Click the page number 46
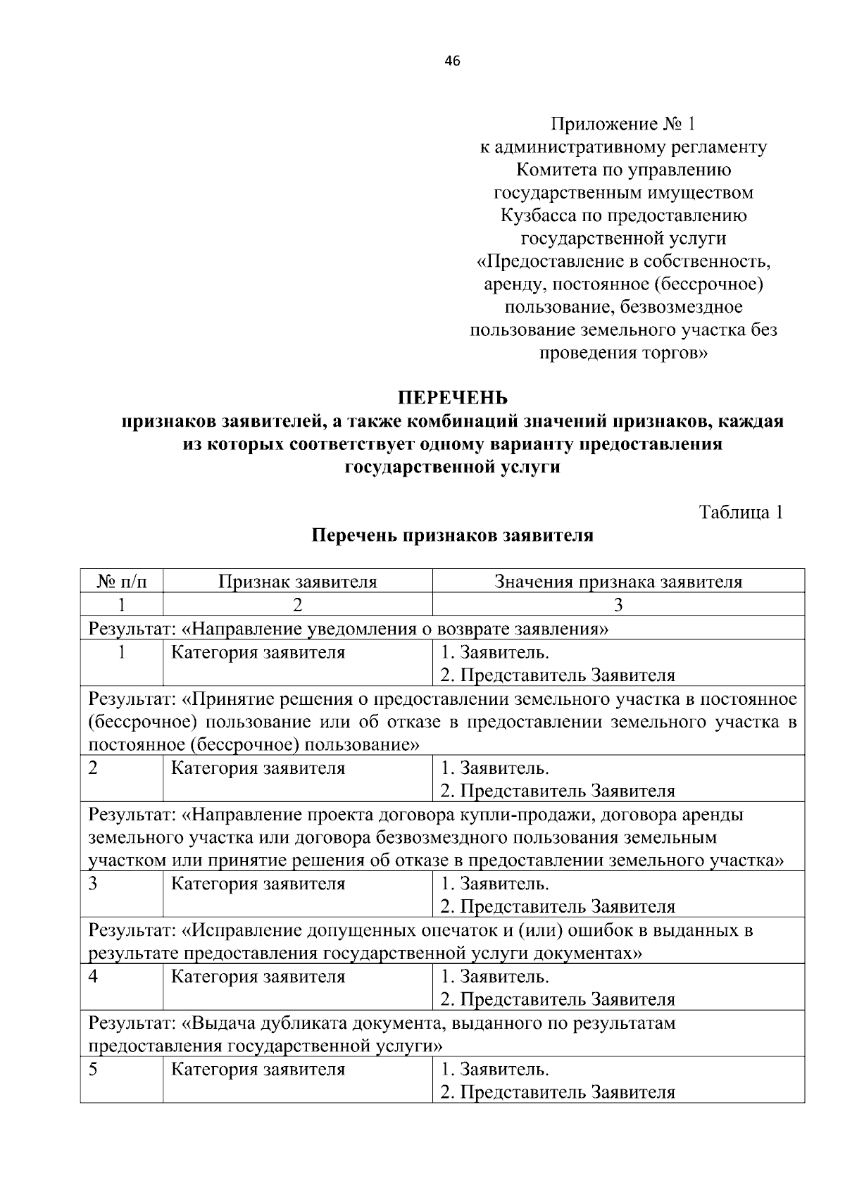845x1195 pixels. [452, 61]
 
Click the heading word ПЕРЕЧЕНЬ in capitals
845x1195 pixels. [453, 399]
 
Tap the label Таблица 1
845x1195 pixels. [741, 512]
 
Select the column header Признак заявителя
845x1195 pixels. [297, 582]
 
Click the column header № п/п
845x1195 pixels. [122, 582]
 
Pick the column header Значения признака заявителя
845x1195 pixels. [618, 582]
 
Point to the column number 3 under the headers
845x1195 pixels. [618, 605]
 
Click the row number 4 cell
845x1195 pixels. [93, 977]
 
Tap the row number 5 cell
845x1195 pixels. [93, 1070]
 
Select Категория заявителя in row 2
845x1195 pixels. [258, 768]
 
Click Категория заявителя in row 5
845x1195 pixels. [258, 1070]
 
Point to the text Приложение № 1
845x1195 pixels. [622, 125]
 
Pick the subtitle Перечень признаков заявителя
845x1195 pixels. [453, 535]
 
